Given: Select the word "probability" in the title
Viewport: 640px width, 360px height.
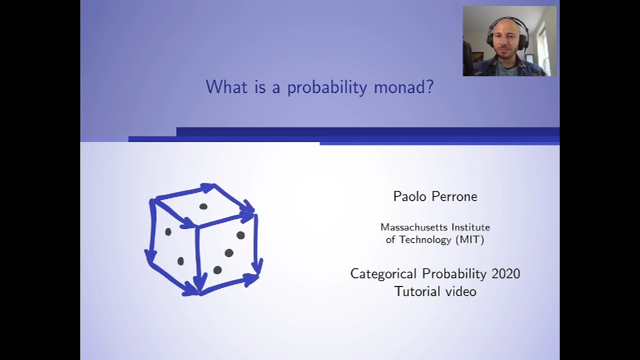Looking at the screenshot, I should (x=327, y=87).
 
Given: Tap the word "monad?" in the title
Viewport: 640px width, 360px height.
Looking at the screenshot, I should (x=403, y=87).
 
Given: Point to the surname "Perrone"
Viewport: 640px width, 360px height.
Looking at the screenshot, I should (x=454, y=196).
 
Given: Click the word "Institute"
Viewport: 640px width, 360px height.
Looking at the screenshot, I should (x=470, y=227).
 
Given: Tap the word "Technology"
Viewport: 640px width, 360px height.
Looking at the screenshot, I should (x=425, y=239).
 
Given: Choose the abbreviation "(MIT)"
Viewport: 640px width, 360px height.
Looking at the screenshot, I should (x=469, y=239).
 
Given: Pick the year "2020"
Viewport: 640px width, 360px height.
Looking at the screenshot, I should (x=505, y=274).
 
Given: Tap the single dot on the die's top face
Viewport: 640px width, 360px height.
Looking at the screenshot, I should (x=203, y=206).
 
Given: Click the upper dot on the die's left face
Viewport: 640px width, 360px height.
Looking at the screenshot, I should (x=168, y=232).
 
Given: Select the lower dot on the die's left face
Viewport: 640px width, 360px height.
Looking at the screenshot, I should (x=180, y=261).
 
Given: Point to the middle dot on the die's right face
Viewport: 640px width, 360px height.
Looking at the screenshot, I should (x=229, y=253).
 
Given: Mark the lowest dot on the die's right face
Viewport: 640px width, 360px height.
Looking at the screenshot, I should (x=217, y=270).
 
